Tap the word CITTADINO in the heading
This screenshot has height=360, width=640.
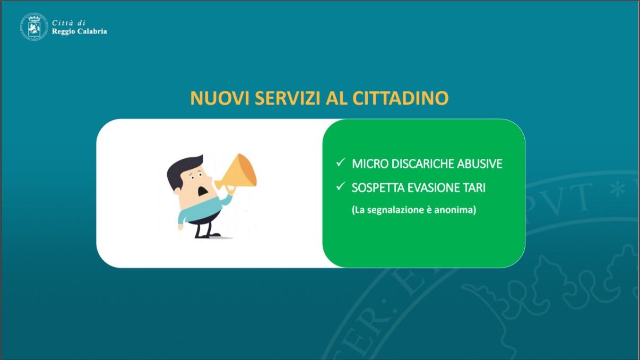[x=400, y=98]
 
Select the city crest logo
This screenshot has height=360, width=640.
[x=34, y=27]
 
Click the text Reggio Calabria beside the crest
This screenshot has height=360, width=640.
[x=80, y=31]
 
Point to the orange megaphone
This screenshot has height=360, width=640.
[x=237, y=174]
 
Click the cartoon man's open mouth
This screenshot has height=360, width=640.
[x=203, y=191]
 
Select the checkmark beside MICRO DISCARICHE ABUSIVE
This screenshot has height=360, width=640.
[x=341, y=162]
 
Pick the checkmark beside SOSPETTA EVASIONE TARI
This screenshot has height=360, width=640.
[x=341, y=186]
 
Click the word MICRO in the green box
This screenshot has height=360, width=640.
[x=370, y=164]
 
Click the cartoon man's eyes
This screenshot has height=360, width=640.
[x=196, y=176]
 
